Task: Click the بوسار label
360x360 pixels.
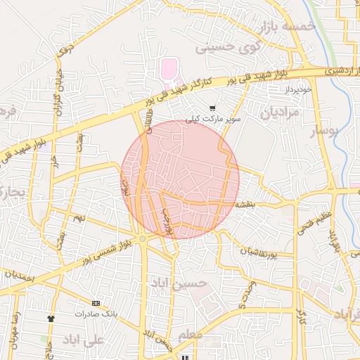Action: pyautogui.click(x=324, y=130)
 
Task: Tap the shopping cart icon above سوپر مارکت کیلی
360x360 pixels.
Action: pyautogui.click(x=212, y=108)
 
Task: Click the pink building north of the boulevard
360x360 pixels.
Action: pyautogui.click(x=169, y=70)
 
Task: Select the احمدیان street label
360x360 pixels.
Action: pyautogui.click(x=19, y=276)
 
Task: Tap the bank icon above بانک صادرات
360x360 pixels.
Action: pyautogui.click(x=96, y=303)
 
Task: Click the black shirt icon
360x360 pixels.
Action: pyautogui.click(x=51, y=318)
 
